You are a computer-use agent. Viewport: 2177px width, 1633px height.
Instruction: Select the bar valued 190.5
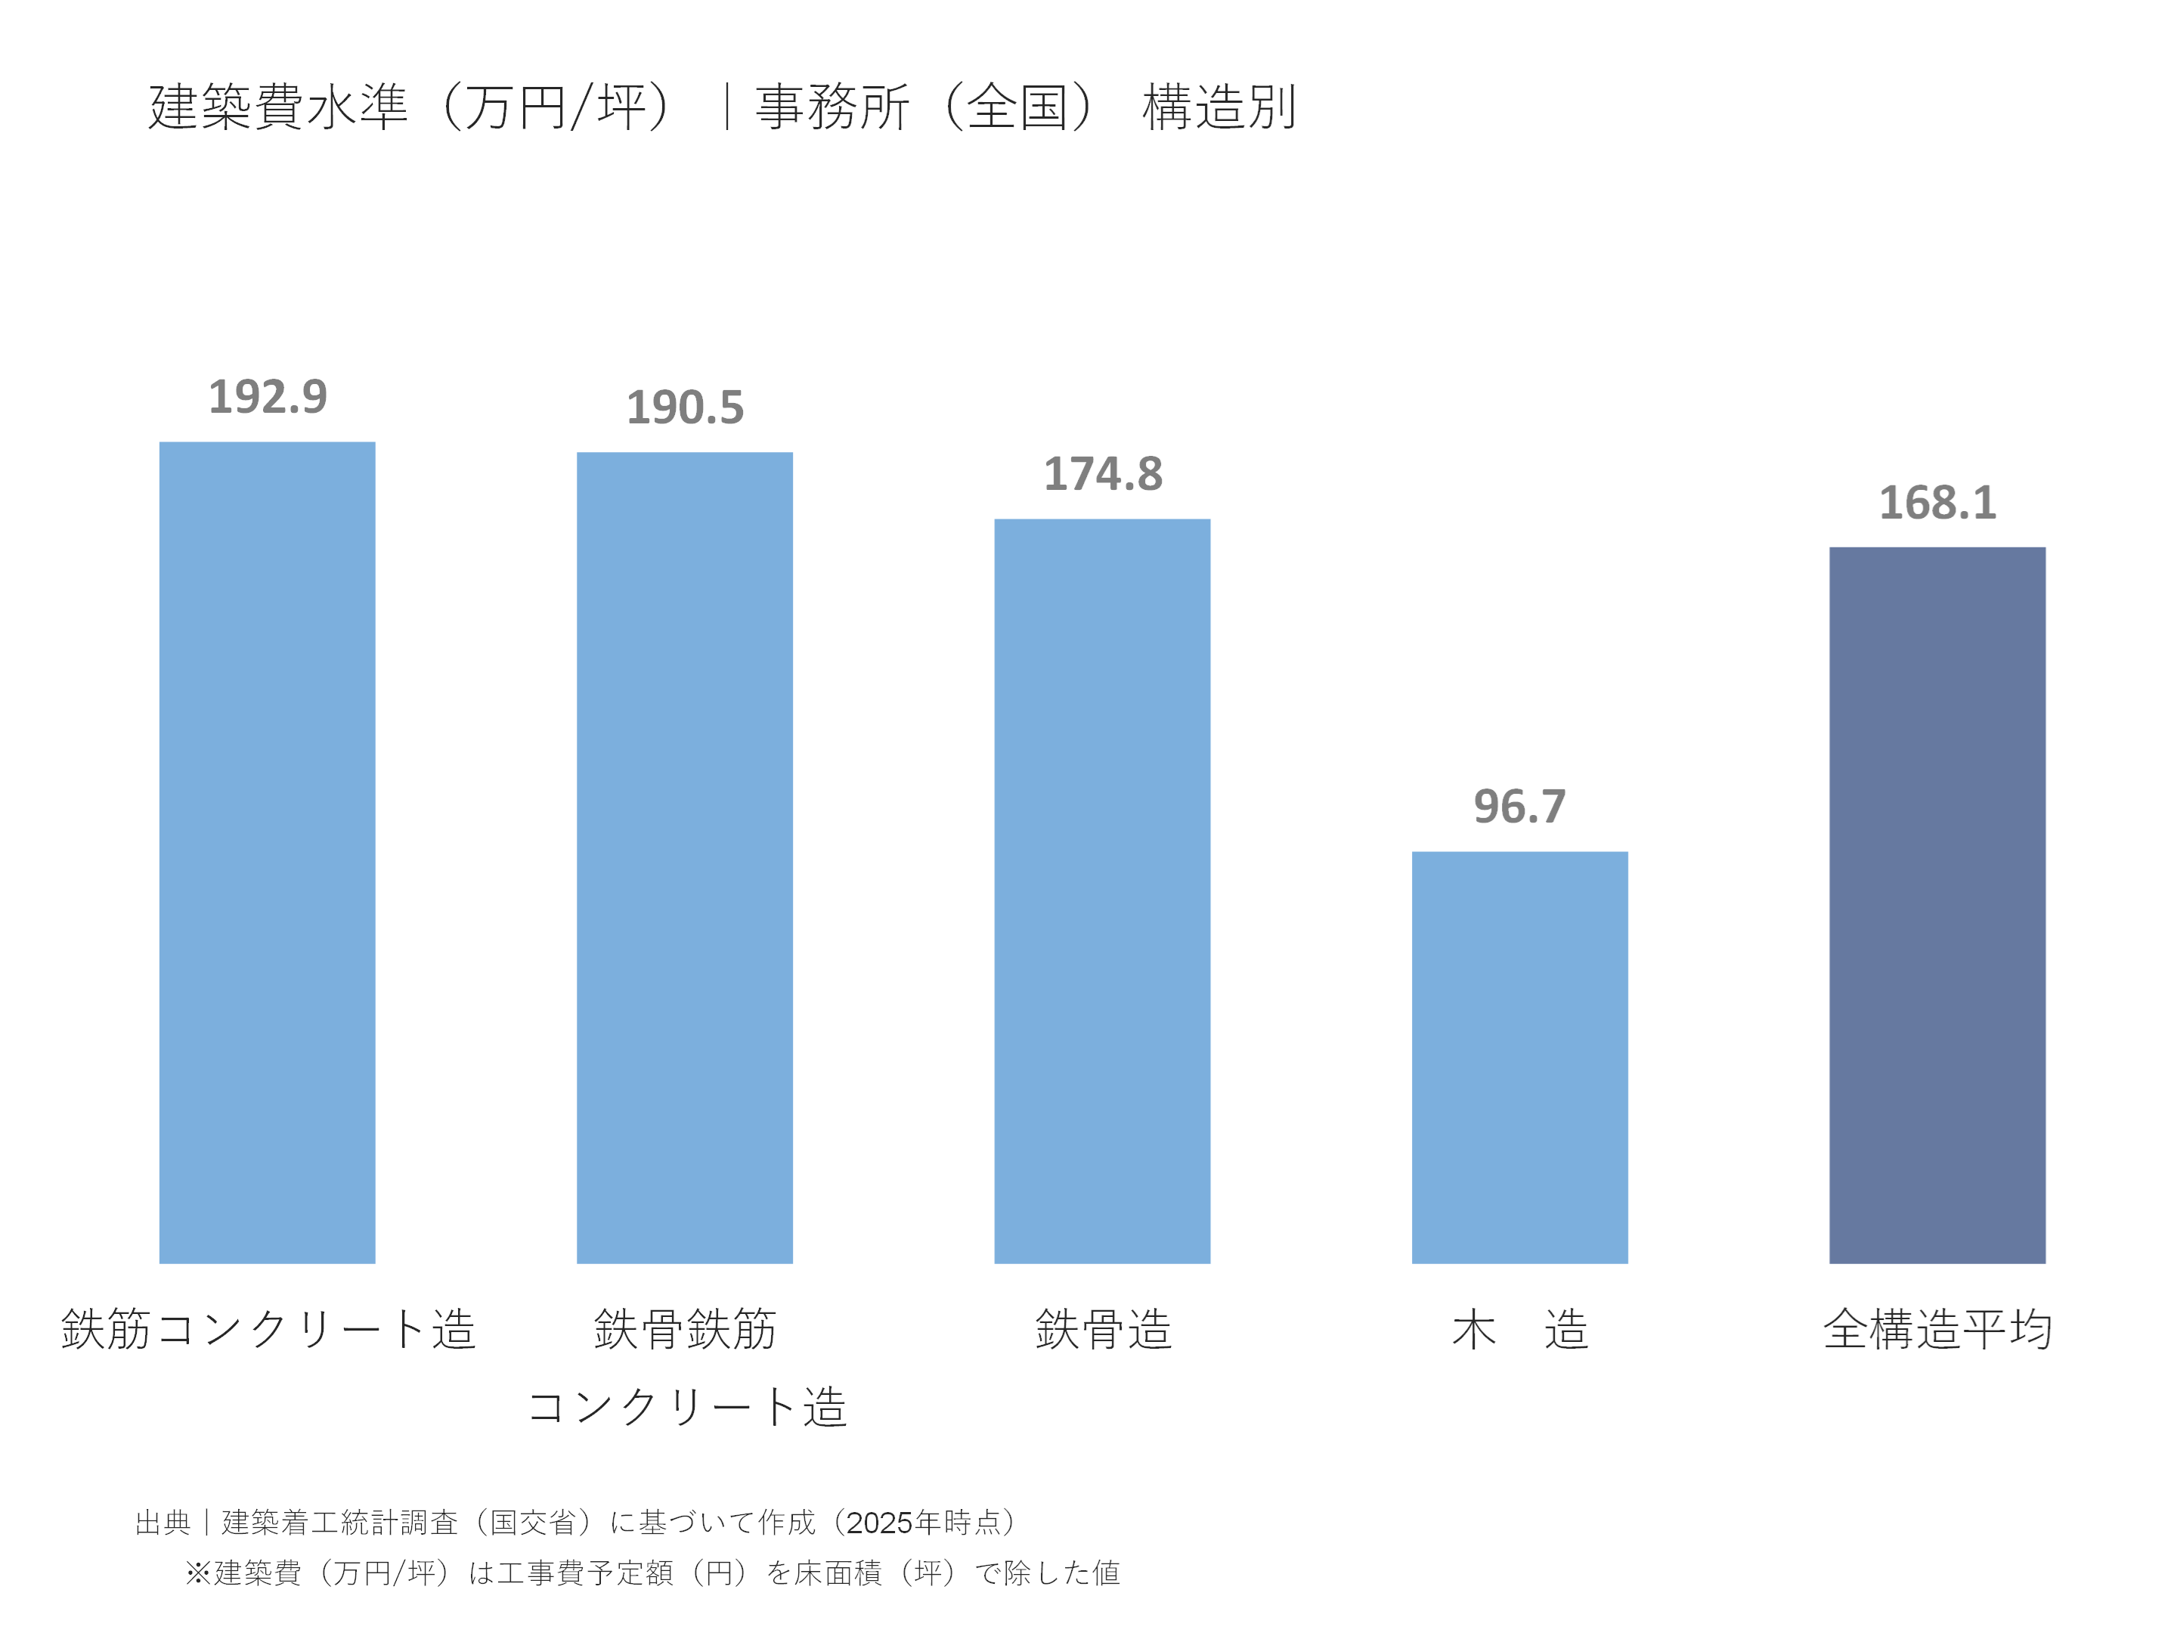pos(684,857)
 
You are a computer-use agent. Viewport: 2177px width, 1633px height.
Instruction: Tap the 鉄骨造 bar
pos(1101,891)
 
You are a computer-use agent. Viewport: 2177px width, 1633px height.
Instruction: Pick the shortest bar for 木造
pos(1519,1056)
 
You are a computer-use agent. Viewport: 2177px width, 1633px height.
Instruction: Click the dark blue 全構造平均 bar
pos(1936,905)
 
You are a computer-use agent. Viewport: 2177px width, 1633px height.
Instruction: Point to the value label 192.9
pos(268,398)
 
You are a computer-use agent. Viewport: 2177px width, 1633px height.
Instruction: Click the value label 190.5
pos(685,408)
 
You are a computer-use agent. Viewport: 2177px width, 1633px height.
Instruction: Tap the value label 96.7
pos(1519,807)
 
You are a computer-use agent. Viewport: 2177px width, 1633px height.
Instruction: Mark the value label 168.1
pos(1937,504)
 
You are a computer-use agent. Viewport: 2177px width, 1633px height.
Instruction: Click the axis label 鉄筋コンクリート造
pos(268,1329)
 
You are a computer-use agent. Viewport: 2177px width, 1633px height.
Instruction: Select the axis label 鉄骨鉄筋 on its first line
pos(685,1329)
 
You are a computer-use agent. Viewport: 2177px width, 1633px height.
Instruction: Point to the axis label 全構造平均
pos(1937,1329)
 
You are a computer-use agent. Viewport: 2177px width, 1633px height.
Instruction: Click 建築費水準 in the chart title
pos(277,107)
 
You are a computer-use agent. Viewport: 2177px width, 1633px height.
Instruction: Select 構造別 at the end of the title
pos(1219,107)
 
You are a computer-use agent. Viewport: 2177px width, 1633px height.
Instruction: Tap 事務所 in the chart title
pos(831,107)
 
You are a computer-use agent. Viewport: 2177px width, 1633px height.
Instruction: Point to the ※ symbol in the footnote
pos(198,1573)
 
